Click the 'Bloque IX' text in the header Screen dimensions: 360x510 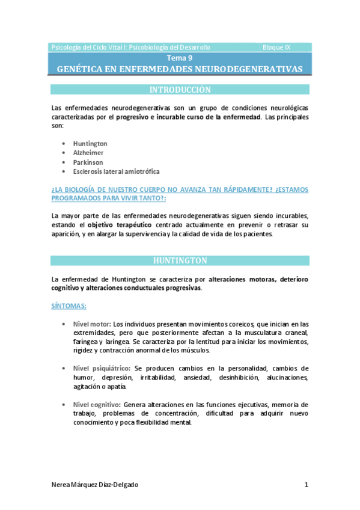pyautogui.click(x=276, y=47)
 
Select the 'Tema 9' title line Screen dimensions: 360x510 pyautogui.click(x=180, y=58)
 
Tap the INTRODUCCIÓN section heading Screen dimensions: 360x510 pyautogui.click(x=180, y=90)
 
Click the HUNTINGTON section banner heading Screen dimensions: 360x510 pyautogui.click(x=180, y=260)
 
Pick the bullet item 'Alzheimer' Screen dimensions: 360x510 pyautogui.click(x=88, y=153)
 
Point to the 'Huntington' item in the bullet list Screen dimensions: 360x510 pyautogui.click(x=90, y=144)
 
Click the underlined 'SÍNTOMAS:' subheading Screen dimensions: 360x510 pyautogui.click(x=69, y=306)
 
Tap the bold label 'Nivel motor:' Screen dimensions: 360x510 pyautogui.click(x=92, y=324)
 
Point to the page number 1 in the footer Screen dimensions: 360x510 pyautogui.click(x=306, y=485)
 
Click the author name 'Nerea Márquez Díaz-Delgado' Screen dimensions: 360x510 pyautogui.click(x=103, y=485)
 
